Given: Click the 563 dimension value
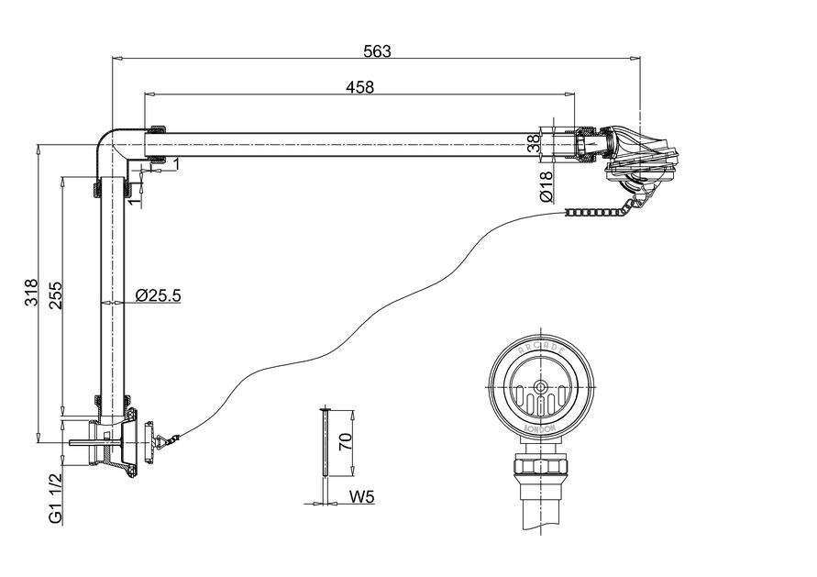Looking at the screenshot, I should point(376,51).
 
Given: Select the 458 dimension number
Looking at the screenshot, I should point(359,87).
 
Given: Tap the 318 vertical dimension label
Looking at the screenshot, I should point(30,292).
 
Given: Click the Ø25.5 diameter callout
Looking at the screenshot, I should point(158,295).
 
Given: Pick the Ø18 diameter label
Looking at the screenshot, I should point(546,185).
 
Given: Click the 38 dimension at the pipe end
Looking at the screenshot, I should point(535,143).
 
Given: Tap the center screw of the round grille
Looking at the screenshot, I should point(541,386).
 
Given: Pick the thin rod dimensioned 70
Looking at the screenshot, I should point(324,442).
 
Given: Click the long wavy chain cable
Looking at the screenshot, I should point(367,321).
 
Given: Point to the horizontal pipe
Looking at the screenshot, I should point(348,144).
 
